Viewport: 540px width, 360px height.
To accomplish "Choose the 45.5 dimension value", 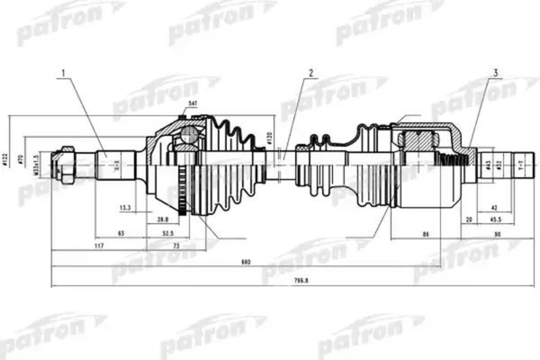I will tap(496, 219).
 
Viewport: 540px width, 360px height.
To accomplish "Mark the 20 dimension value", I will tap(469, 219).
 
